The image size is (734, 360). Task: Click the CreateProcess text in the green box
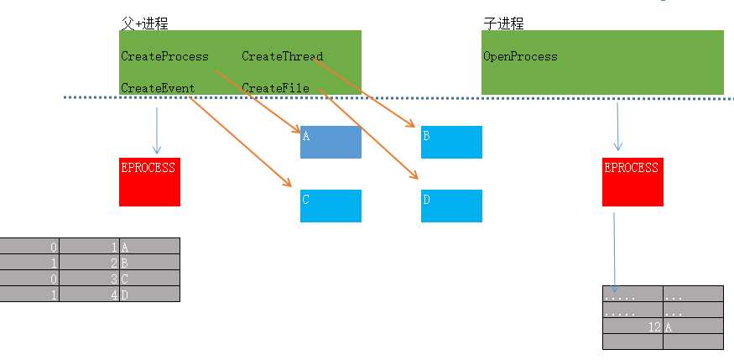[x=164, y=57]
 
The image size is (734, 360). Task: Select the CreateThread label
[x=283, y=57]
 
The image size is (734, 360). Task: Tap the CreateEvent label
[x=158, y=88]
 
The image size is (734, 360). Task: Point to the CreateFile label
[x=275, y=88]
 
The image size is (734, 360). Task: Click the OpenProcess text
[x=520, y=57]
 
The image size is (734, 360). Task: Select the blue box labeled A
[x=331, y=142]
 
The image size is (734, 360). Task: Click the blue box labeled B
[x=451, y=142]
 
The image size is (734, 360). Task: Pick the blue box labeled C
[x=331, y=206]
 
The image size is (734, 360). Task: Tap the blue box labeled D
[x=451, y=206]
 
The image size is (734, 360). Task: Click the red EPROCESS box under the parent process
[x=149, y=181]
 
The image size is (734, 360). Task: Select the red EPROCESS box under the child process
[x=632, y=181]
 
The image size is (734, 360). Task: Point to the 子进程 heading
[x=503, y=23]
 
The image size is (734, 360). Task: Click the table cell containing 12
[x=633, y=326]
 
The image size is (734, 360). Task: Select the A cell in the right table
[x=693, y=326]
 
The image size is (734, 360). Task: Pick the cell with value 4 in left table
[x=90, y=295]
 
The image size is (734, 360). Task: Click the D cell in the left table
[x=149, y=295]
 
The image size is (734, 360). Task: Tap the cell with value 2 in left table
[x=90, y=263]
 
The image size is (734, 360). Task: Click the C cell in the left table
[x=149, y=279]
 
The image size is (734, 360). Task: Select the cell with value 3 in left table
[x=90, y=279]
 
